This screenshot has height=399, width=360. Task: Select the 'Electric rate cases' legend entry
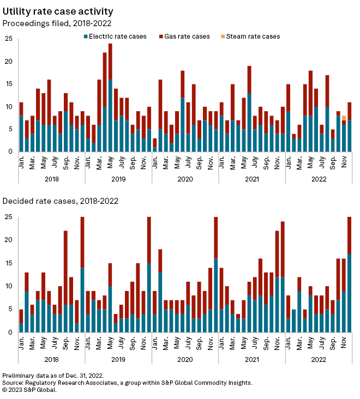(115, 37)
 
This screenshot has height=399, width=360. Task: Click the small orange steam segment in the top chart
(344, 118)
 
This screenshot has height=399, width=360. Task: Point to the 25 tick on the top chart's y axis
(8, 39)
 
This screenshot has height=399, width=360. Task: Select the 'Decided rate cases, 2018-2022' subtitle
(60, 201)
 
